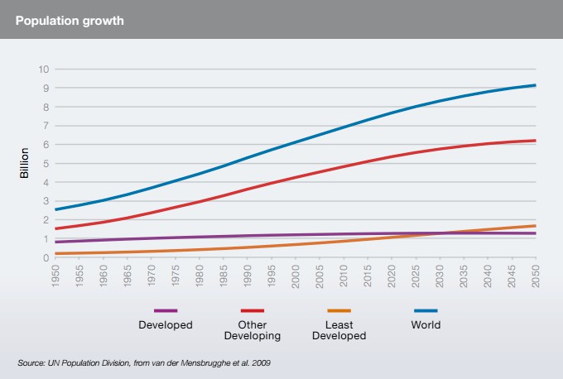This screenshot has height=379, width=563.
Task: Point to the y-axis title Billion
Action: coord(24,163)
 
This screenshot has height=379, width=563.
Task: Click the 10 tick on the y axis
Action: coord(41,69)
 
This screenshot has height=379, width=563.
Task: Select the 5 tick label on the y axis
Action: coord(44,163)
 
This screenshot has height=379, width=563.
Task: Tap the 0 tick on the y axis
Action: coord(44,257)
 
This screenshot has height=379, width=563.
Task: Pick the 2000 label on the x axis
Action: coord(296,276)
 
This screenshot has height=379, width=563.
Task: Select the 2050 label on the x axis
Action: coord(535,276)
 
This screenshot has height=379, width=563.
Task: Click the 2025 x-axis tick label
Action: coord(416,276)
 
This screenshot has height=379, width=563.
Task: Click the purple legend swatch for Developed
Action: coord(166,310)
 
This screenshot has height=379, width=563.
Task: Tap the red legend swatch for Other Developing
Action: coord(252,310)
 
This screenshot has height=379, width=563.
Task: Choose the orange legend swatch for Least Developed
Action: coord(339,310)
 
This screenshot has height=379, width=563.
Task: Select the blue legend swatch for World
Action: coord(426,310)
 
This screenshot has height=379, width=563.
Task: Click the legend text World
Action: coord(426,325)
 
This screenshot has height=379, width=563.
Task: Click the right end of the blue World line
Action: coord(535,85)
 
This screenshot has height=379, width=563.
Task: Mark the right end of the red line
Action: coord(535,141)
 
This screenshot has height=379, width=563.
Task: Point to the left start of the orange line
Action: coord(56,253)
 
